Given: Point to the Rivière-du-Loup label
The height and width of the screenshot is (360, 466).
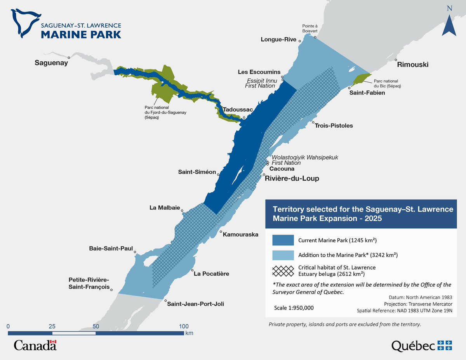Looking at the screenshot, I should tap(292, 179).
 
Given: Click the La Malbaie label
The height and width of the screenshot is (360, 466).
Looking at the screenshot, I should tap(164, 208).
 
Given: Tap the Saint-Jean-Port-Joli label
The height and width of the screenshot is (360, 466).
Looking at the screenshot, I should tap(195, 304).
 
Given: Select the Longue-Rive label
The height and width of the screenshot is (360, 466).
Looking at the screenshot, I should tap(278, 40).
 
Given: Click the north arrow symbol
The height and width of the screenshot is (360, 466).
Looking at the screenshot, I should tap(449, 25).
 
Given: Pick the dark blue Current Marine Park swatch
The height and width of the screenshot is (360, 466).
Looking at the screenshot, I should tap(283, 240).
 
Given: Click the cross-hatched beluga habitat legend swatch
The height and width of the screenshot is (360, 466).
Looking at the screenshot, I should tap(283, 271).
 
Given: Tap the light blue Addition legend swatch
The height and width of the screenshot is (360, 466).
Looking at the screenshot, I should tap(283, 255).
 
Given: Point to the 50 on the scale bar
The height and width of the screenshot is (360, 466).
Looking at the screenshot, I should tap(96, 326).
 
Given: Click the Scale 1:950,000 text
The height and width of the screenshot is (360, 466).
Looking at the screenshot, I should tap(294, 308).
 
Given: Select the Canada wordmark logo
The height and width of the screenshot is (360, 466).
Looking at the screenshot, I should tap(35, 344).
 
